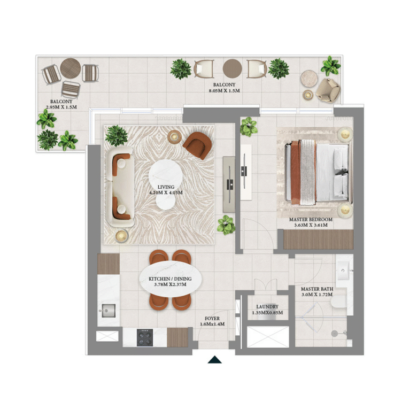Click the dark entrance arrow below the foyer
214,360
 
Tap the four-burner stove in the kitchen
145,337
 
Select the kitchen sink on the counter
108,311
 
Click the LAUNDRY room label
267,307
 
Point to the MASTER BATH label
317,289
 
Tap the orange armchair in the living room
197,145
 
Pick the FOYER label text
212,318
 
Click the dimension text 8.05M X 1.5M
224,90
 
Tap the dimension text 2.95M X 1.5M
61,107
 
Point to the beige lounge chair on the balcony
328,90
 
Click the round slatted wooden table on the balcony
71,68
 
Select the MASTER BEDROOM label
311,219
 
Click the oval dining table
171,279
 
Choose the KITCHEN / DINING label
170,279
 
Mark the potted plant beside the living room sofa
116,136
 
